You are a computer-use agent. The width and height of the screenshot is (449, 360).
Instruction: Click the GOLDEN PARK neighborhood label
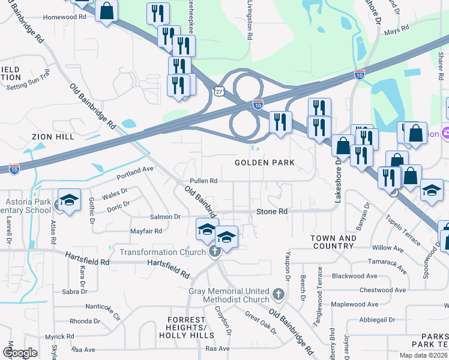(x=264, y=163)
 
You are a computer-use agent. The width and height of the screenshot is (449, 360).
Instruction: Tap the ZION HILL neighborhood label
(x=52, y=137)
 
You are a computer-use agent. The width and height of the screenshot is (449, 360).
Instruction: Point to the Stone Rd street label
(x=272, y=212)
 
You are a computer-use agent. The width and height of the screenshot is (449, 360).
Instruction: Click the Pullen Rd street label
(x=203, y=181)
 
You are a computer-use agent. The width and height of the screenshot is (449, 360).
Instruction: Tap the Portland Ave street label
(x=136, y=173)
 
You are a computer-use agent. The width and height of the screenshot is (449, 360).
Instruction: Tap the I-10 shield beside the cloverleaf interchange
(x=258, y=104)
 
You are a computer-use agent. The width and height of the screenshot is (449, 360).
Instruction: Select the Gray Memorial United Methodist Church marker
(x=277, y=294)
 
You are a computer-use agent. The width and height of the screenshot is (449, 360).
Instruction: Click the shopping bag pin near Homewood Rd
(x=106, y=11)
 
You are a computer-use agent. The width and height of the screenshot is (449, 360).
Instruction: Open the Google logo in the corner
(x=19, y=352)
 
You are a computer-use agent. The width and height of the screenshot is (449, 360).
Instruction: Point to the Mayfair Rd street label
(x=146, y=231)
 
